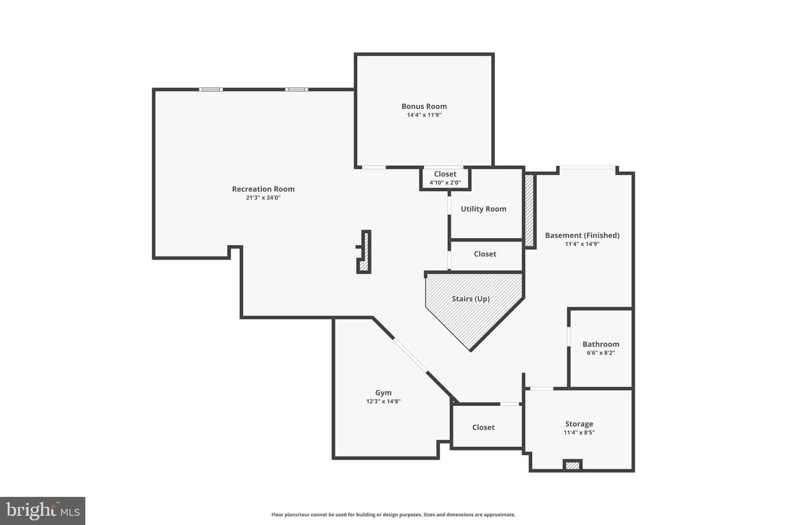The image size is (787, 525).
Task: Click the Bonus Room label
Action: tap(424, 106)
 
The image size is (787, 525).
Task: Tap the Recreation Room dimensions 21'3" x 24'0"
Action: tap(263, 197)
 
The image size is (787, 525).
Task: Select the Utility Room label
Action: tap(484, 209)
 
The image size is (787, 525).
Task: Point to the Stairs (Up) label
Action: tap(471, 299)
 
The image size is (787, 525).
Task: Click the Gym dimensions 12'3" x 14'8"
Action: tap(383, 401)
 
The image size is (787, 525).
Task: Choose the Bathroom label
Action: tap(601, 344)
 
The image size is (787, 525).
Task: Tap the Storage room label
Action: tap(579, 424)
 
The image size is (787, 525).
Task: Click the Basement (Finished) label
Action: tap(582, 235)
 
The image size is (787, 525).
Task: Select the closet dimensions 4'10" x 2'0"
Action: tap(445, 183)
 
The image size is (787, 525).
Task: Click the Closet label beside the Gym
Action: tap(484, 427)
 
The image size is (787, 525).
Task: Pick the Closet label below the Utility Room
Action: tap(485, 254)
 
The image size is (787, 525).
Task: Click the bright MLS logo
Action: tap(43, 511)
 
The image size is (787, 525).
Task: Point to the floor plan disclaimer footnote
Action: tap(393, 515)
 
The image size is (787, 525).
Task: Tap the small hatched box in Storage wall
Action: tap(572, 465)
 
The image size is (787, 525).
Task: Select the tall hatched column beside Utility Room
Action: tap(529, 211)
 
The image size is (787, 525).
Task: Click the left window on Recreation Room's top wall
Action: tap(211, 90)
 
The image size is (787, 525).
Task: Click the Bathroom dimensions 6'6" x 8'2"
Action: tap(601, 353)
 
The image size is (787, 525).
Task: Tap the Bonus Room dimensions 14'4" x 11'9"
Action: tap(424, 115)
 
